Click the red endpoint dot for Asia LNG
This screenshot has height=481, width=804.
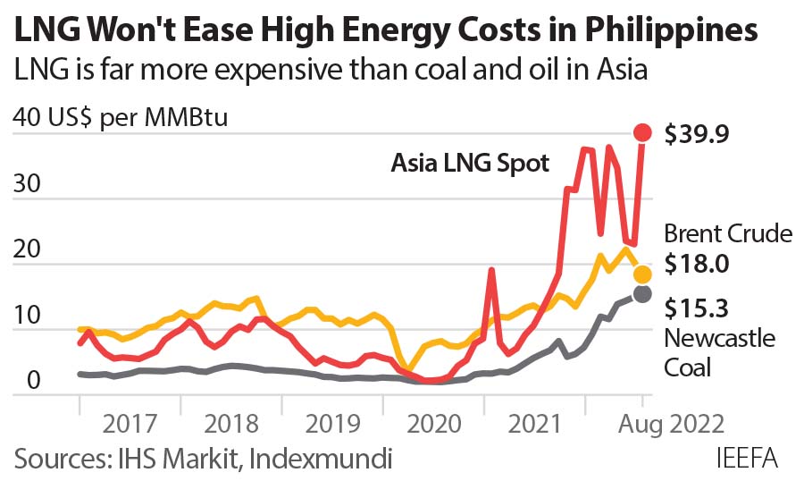pyautogui.click(x=642, y=132)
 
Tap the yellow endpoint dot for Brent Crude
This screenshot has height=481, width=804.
pyautogui.click(x=642, y=274)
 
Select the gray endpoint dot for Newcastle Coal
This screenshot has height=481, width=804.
pyautogui.click(x=642, y=293)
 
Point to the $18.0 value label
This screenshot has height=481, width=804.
pyautogui.click(x=697, y=264)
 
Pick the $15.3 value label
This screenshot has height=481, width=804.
pyautogui.click(x=697, y=308)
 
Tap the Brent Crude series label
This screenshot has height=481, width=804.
pyautogui.click(x=728, y=234)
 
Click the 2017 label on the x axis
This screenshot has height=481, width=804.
pyautogui.click(x=131, y=423)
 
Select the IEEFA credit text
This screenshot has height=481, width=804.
pyautogui.click(x=747, y=459)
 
